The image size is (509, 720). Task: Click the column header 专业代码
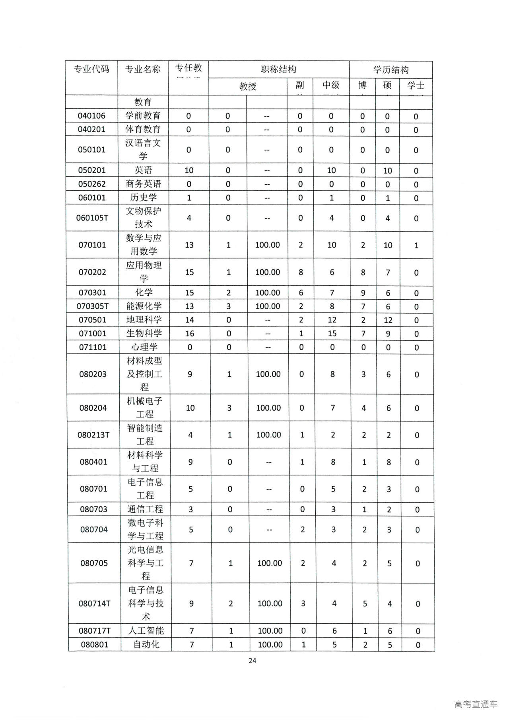91,69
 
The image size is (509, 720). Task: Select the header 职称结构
278,69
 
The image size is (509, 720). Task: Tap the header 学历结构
390,70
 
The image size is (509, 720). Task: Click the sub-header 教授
248,86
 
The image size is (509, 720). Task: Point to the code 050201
92,170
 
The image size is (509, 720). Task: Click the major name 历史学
143,197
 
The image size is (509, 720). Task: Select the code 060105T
92,218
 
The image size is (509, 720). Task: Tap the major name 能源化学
144,306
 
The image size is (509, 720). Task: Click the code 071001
93,334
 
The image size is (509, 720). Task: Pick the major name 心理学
144,347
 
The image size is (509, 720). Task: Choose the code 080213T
93,435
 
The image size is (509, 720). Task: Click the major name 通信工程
145,509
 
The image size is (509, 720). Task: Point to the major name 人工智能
146,631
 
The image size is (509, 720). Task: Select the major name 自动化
146,644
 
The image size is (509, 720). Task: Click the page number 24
252,661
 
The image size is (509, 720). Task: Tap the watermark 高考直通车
476,704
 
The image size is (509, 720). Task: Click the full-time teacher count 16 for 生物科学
190,334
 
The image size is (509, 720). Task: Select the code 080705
94,563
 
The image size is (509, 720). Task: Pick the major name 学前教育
143,116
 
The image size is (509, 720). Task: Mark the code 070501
92,320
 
